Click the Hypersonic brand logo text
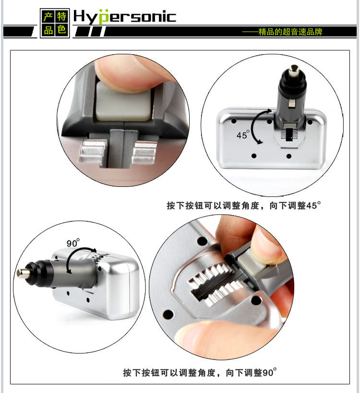[x=125, y=17]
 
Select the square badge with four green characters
[x=55, y=23]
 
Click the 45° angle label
[x=243, y=135]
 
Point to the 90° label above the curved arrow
[x=73, y=243]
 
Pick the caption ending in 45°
[x=243, y=205]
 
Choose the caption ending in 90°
[x=200, y=372]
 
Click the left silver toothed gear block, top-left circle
[x=93, y=152]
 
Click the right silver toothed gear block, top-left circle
[x=144, y=152]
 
